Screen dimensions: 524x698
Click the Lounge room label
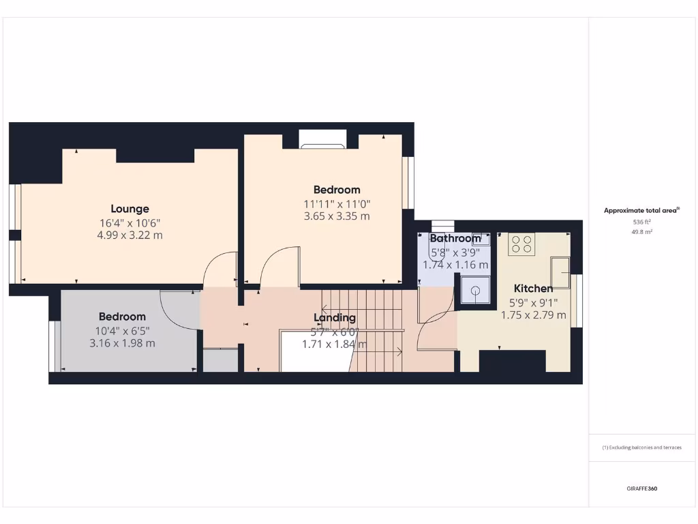[x=130, y=209]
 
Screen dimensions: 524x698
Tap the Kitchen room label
[x=533, y=289]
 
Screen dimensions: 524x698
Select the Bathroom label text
[x=455, y=239]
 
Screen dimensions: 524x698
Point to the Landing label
[x=334, y=318]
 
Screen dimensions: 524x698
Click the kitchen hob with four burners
[x=521, y=244]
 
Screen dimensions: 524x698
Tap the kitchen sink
[x=561, y=273]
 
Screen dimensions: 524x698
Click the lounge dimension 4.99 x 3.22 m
[x=130, y=235]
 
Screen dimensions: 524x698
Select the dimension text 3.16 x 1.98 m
[x=122, y=343]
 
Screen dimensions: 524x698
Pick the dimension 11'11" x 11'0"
[x=337, y=203]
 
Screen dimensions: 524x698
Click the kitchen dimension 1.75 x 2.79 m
[x=533, y=315]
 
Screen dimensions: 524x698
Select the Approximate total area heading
[x=641, y=211]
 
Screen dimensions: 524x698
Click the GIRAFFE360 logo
[x=641, y=489]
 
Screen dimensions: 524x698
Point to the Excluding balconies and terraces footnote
[x=641, y=448]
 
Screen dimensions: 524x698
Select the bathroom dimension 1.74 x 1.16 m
[x=455, y=265]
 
